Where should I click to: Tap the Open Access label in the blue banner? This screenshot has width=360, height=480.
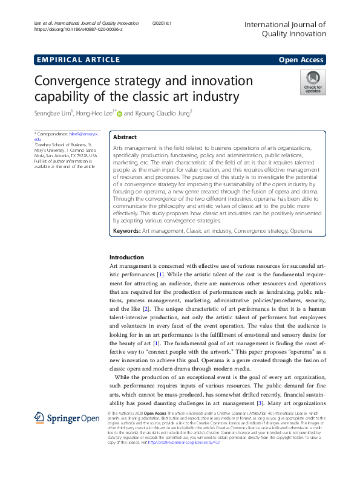click(x=301, y=59)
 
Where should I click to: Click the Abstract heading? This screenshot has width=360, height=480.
click(x=125, y=137)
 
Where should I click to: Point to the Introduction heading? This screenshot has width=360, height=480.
click(x=126, y=258)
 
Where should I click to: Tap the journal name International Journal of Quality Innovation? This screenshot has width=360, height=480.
click(x=284, y=29)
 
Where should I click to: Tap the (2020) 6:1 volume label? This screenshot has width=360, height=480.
click(x=162, y=23)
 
